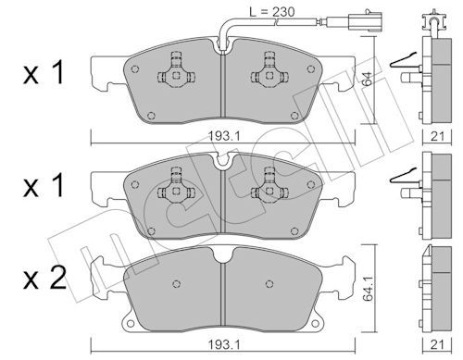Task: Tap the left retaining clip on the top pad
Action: coord(172,73)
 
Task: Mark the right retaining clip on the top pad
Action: coord(271,73)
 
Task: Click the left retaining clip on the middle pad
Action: coord(172,187)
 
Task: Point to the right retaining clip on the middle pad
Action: coord(271,187)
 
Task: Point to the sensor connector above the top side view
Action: coord(427,18)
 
